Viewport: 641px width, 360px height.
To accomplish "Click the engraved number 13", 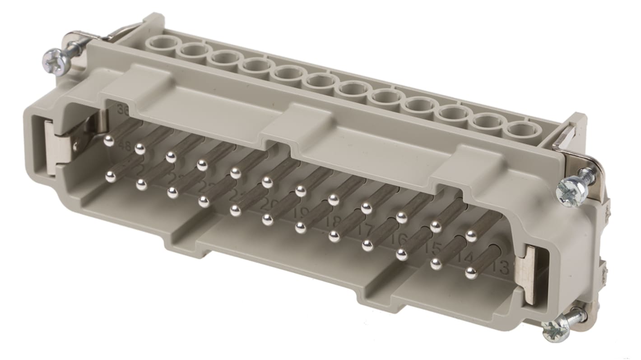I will click(x=501, y=269).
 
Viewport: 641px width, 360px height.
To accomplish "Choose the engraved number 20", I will click(x=269, y=204).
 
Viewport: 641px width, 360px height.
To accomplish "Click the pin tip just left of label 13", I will click(x=471, y=272).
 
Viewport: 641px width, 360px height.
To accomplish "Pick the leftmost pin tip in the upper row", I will click(x=109, y=141).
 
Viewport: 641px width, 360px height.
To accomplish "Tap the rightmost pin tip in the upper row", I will click(x=471, y=235).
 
